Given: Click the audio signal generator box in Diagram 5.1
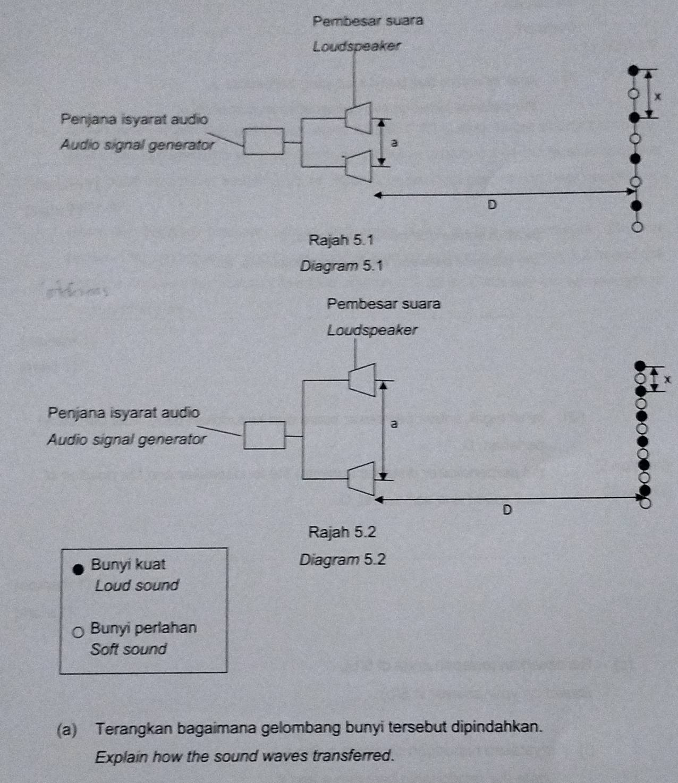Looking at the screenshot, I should tap(264, 141).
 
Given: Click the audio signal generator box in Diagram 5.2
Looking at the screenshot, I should tap(264, 435).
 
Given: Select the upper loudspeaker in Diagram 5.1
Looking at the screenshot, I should tap(358, 117).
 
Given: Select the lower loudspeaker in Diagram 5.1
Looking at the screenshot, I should tap(358, 166).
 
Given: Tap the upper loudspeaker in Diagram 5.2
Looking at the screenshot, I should tap(363, 379).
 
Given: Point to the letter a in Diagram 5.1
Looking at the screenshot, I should tap(394, 143).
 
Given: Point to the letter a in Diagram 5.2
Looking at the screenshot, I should tap(393, 424).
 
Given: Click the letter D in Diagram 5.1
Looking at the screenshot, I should tap(491, 205).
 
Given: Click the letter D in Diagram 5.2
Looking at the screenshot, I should tap(507, 510).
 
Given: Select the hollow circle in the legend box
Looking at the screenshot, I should tap(78, 632).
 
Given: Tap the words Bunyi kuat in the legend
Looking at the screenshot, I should tap(128, 564).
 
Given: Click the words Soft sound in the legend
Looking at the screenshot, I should tap(128, 649).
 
